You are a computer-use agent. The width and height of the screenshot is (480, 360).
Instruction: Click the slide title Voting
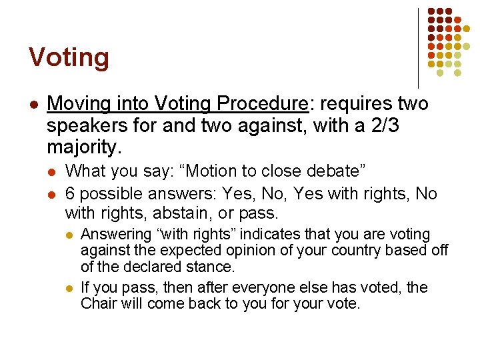coord(69,58)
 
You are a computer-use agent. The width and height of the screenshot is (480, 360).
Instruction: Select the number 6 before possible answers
coord(70,194)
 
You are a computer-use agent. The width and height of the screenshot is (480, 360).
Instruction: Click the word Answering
coord(117,235)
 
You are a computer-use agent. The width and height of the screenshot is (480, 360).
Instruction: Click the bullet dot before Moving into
coord(34,105)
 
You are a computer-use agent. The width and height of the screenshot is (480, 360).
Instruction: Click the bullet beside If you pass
coord(69,288)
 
